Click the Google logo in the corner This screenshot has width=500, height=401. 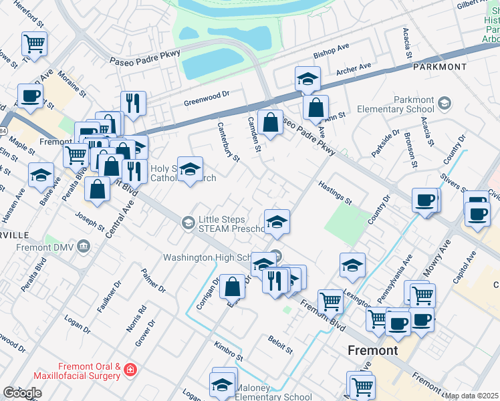22,393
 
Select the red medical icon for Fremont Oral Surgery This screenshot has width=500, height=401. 130,369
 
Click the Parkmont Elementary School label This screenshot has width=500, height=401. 395,104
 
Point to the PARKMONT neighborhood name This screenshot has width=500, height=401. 439,68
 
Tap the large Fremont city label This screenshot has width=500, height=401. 373,350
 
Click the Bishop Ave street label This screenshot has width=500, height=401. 332,51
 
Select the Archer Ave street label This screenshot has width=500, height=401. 354,69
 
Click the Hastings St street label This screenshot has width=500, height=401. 335,192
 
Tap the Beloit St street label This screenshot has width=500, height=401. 281,344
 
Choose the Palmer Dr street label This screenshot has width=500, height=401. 153,282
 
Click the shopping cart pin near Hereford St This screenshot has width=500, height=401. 34,44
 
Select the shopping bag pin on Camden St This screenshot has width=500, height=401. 270,123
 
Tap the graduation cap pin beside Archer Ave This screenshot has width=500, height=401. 307,78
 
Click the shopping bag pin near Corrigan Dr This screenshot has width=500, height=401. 232,287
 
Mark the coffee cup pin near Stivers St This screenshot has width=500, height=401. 424,200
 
